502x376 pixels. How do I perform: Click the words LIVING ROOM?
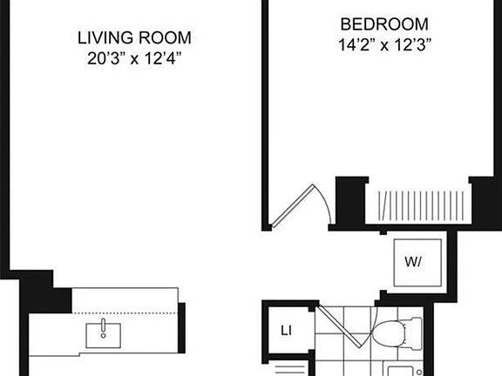(x=134, y=38)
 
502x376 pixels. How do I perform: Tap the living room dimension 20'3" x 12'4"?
(x=134, y=58)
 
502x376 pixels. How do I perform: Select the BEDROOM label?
(x=384, y=23)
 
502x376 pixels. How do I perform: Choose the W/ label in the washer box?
(x=413, y=261)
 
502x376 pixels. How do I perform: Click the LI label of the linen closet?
(x=285, y=330)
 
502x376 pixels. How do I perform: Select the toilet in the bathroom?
(x=397, y=332)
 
